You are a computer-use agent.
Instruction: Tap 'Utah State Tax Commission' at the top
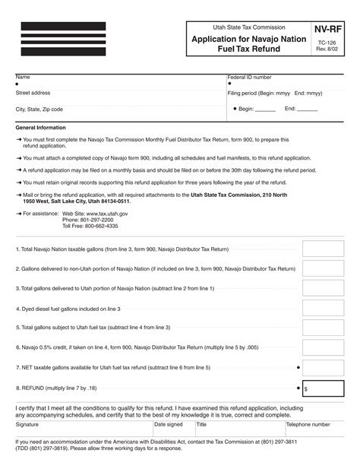click(x=235, y=26)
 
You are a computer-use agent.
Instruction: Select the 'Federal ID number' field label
click(x=249, y=78)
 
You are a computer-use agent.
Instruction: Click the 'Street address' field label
click(x=33, y=93)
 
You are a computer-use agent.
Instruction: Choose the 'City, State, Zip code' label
click(x=39, y=109)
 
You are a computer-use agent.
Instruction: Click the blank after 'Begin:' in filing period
click(x=265, y=109)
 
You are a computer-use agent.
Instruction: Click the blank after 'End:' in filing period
click(x=307, y=109)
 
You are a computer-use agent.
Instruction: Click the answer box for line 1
click(x=322, y=249)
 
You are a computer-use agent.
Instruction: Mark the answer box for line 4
click(x=322, y=309)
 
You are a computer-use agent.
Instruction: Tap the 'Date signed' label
click(x=168, y=425)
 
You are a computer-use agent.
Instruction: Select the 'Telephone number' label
click(x=308, y=425)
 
